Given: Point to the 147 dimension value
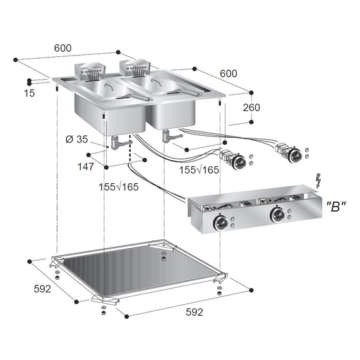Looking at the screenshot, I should (x=87, y=167).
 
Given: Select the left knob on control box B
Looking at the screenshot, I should (x=222, y=222).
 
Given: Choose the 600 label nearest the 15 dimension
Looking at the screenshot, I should (x=63, y=48).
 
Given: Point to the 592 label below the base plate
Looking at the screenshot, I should (x=194, y=313).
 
